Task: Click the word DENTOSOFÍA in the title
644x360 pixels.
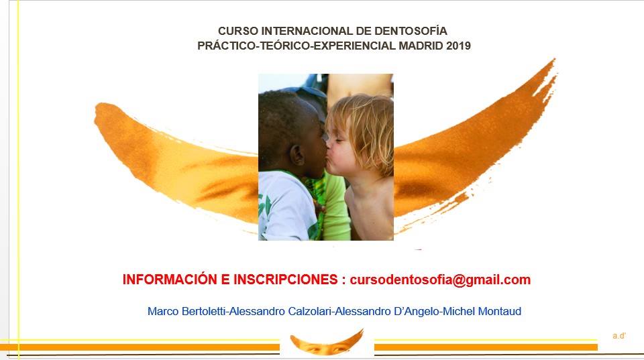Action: point(411,31)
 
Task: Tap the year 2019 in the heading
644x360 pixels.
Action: point(458,46)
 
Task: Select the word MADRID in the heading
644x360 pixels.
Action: point(421,46)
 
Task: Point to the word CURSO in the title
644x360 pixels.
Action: point(238,31)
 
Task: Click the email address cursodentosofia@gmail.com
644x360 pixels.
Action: point(440,280)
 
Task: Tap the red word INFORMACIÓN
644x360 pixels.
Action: point(170,279)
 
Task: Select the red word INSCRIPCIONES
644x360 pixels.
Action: point(286,279)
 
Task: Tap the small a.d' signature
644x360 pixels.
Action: point(619,336)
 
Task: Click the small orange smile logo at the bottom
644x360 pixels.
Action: point(327,343)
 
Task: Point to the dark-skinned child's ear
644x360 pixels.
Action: point(297,155)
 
